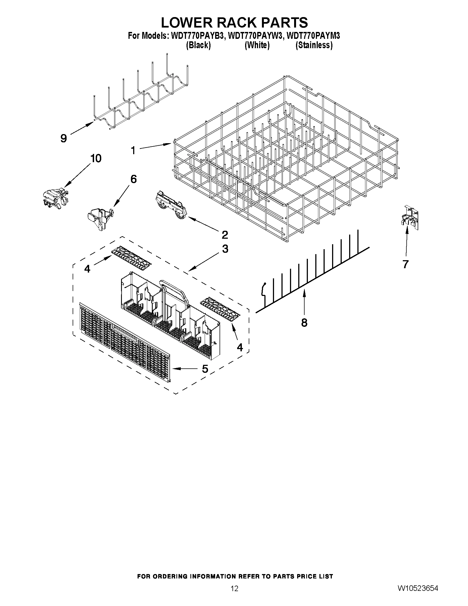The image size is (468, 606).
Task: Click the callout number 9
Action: (64, 138)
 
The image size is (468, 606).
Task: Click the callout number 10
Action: (95, 159)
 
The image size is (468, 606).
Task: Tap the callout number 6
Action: (133, 179)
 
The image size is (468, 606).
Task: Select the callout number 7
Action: (406, 264)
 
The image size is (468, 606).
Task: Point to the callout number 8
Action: (304, 322)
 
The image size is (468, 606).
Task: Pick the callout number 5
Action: (205, 369)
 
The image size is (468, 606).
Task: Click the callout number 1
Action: (133, 151)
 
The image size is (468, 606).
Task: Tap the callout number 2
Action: (225, 235)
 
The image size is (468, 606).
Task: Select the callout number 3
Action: (225, 249)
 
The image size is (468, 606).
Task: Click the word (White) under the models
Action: (257, 45)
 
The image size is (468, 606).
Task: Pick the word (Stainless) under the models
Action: (314, 45)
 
